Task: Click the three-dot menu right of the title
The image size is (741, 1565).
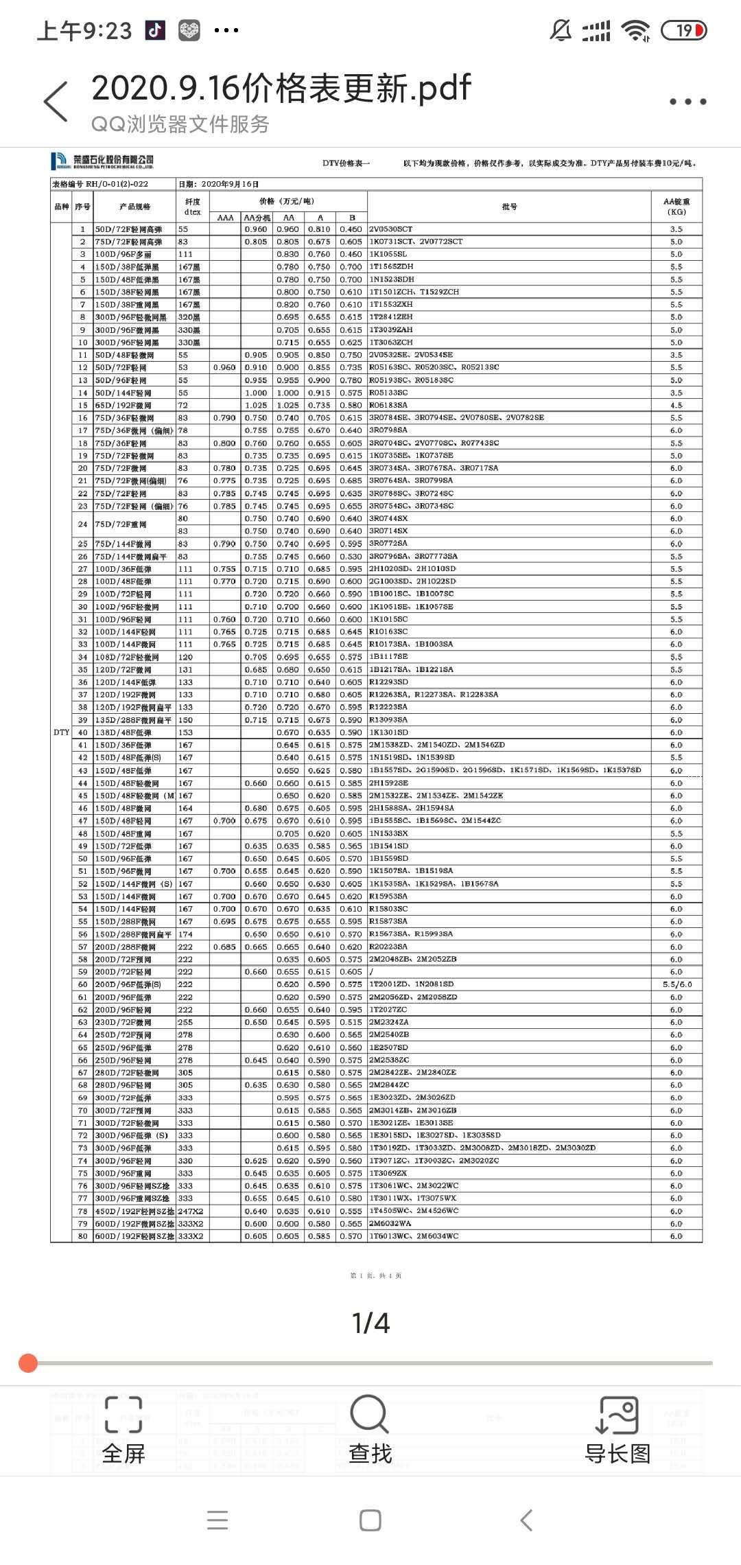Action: coord(687,102)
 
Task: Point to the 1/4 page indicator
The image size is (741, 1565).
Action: coord(370,1323)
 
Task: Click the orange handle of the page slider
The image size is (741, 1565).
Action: coord(28,1363)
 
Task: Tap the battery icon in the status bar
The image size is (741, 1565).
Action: coord(683,30)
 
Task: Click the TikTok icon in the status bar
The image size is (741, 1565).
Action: coord(155,30)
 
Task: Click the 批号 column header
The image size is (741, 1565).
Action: coord(509,207)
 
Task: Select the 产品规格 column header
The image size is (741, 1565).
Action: coord(134,207)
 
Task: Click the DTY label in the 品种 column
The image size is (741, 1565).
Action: coord(61,732)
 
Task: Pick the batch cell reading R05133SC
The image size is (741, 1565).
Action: coord(388,393)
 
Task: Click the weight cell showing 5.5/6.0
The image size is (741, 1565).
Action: coord(677,984)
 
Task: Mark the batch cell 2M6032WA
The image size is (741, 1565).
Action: coord(390,1223)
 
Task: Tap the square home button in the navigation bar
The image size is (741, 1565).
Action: coord(370,1520)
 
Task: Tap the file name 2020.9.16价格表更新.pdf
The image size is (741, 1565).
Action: coord(281,88)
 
